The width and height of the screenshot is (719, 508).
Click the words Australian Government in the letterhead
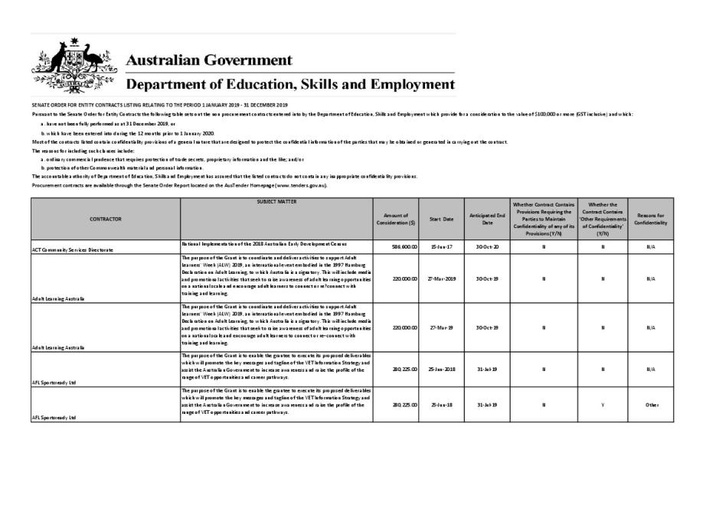click(208, 60)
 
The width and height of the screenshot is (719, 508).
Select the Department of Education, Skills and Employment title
click(290, 83)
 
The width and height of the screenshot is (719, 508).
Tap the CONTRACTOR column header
click(106, 219)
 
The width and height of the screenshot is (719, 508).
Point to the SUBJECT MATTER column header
click(276, 202)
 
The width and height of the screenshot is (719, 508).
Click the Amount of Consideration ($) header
click(396, 219)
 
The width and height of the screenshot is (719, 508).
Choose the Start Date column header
click(441, 219)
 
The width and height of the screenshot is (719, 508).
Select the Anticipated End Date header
click(487, 219)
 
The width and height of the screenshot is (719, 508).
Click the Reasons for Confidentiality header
click(651, 219)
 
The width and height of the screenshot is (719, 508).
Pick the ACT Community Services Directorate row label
click(73, 249)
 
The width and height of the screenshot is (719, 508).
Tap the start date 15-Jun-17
click(441, 246)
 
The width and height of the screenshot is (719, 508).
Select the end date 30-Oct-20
click(487, 246)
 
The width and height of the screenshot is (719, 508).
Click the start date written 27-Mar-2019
click(441, 278)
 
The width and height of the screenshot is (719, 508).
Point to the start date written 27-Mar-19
click(441, 327)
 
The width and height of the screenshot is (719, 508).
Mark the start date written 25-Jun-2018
click(441, 370)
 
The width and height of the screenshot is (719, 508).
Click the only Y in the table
click(603, 405)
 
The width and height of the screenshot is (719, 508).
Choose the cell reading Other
click(651, 405)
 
